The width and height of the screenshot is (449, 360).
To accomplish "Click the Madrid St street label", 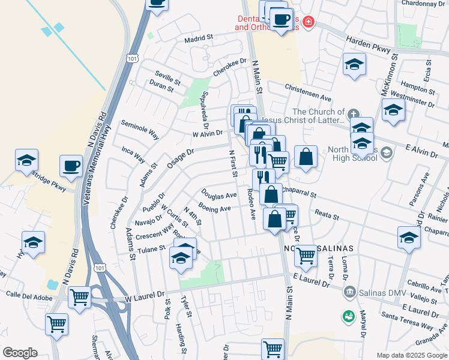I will point(199,38).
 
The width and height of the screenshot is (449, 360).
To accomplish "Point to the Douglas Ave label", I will point(218,196).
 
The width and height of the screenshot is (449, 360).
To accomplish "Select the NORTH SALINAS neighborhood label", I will point(318,248).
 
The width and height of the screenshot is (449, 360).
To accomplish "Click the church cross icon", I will point(354,113).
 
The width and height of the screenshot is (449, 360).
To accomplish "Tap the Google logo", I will point(20,353).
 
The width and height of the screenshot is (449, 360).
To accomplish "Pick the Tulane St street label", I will point(151,248).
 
